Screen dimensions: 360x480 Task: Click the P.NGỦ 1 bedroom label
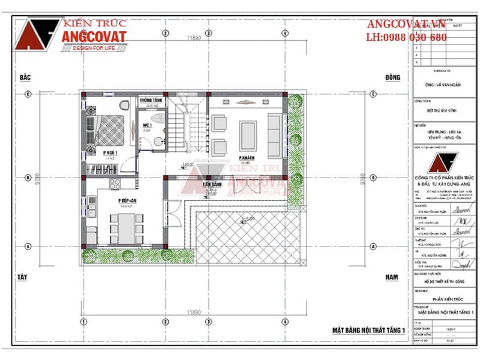coord(109,153)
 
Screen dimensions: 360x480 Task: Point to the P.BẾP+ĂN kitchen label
coord(127,200)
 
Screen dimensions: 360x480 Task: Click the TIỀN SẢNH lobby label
coord(212,185)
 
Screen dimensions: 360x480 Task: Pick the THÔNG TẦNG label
coord(151,100)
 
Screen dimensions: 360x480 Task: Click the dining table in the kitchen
coord(127,228)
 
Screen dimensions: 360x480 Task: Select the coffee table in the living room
coord(247,135)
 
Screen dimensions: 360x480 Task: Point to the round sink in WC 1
coord(158,142)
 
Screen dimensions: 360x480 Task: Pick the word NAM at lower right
coord(392,277)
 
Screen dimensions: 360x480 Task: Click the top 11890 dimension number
coord(193,38)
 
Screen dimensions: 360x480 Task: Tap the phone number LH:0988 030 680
coord(406,37)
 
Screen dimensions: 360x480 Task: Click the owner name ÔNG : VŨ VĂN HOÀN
coord(443,85)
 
